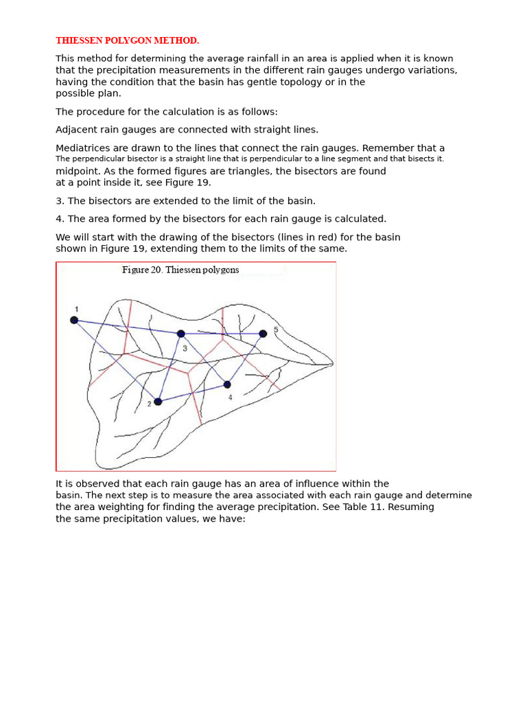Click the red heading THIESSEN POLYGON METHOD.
(127, 41)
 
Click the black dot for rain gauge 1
(74, 320)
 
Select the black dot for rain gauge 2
(158, 402)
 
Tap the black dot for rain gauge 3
(181, 334)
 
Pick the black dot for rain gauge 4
(227, 384)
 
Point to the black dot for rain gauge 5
(263, 334)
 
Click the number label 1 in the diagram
(77, 309)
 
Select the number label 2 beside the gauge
(149, 404)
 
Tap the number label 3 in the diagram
(185, 348)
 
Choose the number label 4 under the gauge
(230, 397)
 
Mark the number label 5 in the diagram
(276, 330)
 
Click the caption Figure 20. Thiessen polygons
(180, 270)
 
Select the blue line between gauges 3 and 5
(222, 334)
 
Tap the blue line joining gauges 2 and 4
(192, 393)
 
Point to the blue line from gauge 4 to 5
(245, 359)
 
